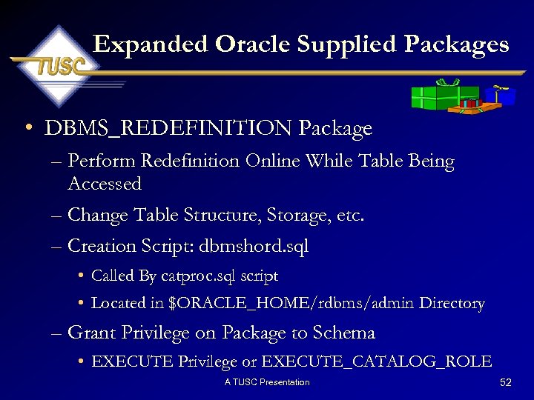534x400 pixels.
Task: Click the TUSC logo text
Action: pos(58,67)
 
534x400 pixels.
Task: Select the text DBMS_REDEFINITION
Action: pos(169,129)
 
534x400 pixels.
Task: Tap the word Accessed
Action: pos(105,184)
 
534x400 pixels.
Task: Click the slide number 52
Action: pos(507,382)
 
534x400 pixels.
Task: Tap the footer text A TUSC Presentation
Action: pos(267,382)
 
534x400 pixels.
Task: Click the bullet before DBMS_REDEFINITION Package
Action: pos(27,129)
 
